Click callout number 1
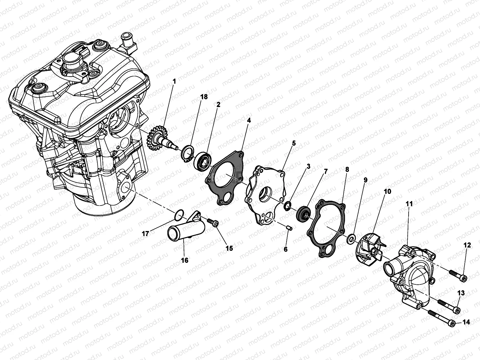(174, 81)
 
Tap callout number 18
(204, 97)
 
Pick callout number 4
(249, 121)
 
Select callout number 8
(347, 169)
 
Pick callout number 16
(185, 260)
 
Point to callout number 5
(294, 143)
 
